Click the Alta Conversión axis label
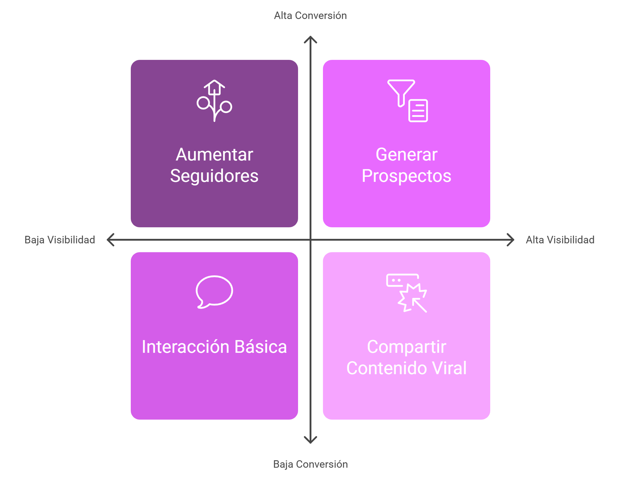[x=310, y=16]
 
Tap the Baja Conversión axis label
[x=310, y=464]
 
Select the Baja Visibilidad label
[x=60, y=240]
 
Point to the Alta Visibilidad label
[x=560, y=240]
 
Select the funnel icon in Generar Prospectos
[x=401, y=93]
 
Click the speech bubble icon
[x=214, y=292]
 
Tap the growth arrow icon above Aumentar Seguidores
[x=214, y=101]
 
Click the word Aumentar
[x=214, y=155]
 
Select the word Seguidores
[x=214, y=176]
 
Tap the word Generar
[x=406, y=155]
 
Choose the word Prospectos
[x=406, y=176]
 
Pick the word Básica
[x=260, y=346]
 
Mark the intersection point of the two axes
[x=310, y=240]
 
